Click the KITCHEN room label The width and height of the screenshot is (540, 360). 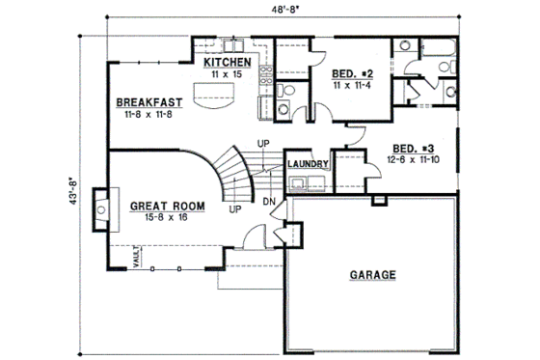(x=228, y=64)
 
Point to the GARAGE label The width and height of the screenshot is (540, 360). (x=371, y=275)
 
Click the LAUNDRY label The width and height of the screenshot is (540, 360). (x=309, y=164)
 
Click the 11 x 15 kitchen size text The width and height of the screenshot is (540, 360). (x=228, y=74)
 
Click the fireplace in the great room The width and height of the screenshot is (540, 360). (x=99, y=208)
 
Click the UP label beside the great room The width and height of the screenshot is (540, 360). (x=233, y=208)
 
